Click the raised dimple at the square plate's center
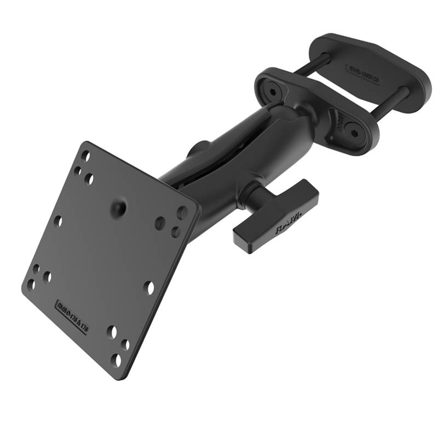coord(117,208)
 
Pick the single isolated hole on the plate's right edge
coord(148,286)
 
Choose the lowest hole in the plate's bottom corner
coord(116,360)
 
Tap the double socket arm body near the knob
coord(219,181)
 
